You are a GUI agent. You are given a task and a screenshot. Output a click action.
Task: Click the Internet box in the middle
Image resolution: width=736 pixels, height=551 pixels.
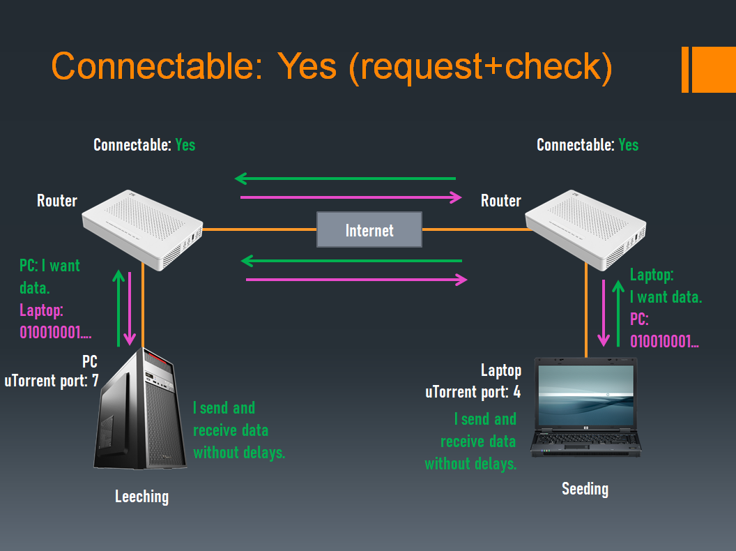click(369, 230)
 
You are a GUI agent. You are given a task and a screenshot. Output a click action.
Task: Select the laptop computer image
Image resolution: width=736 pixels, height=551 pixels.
click(585, 407)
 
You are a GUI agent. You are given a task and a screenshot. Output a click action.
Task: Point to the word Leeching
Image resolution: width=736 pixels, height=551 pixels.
click(141, 497)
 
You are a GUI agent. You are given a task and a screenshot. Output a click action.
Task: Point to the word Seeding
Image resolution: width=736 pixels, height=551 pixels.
click(585, 489)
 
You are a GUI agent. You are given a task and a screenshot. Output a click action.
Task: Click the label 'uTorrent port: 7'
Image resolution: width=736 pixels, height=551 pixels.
click(52, 381)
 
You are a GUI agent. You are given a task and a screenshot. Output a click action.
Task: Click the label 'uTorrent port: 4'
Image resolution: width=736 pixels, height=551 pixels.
click(473, 392)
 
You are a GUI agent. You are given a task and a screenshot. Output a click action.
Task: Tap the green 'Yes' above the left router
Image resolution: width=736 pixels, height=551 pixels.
click(185, 145)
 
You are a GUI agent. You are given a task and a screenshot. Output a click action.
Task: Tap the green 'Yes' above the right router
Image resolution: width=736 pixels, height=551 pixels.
click(628, 145)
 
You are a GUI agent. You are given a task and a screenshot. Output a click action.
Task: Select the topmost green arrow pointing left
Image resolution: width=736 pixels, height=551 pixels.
click(346, 179)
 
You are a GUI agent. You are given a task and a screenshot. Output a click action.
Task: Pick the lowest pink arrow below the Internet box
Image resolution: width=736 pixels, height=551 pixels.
click(356, 280)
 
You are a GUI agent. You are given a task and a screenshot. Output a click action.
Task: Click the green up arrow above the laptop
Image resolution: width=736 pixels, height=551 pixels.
click(618, 314)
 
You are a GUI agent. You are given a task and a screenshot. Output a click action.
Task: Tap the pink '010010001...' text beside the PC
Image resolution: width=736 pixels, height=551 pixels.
click(55, 333)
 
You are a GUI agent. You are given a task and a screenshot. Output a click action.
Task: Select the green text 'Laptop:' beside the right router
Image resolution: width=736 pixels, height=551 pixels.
click(652, 275)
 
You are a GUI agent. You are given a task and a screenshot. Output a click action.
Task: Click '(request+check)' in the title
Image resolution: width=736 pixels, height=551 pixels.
click(481, 67)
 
